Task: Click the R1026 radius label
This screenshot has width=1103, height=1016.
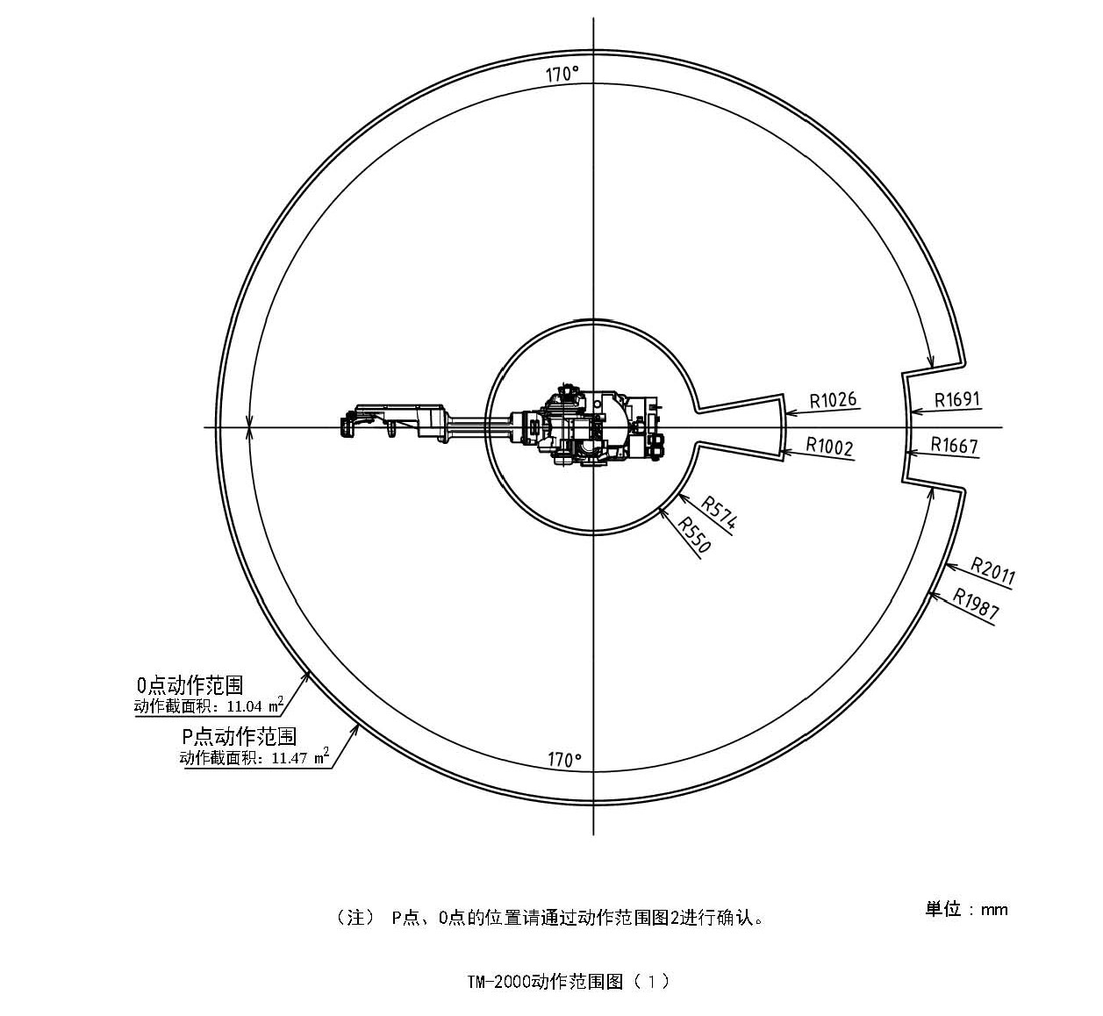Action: pos(832,401)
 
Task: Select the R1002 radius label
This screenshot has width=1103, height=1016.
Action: pos(829,447)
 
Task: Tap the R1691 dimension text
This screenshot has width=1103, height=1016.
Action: pos(956,400)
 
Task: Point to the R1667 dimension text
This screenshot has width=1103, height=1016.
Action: pos(954,445)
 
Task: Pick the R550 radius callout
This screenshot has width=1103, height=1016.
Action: pos(693,534)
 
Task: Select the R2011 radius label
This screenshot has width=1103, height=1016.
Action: pos(992,570)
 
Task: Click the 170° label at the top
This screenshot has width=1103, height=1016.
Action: pos(562,74)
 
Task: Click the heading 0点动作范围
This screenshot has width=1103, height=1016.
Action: pos(190,685)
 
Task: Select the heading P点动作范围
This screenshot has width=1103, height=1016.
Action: pos(239,736)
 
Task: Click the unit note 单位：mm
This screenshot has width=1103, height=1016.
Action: pos(966,909)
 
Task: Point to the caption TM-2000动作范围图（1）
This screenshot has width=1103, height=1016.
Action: pos(569,981)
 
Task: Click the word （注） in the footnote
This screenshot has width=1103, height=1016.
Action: pos(355,918)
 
